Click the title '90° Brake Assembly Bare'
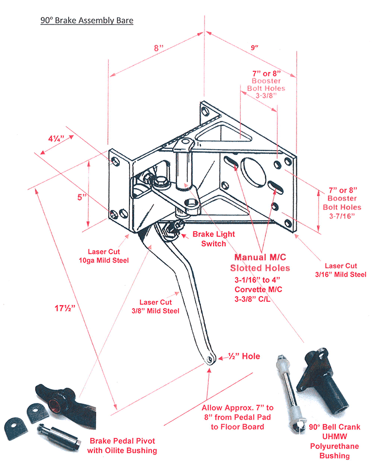(x=87, y=21)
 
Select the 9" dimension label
(x=256, y=48)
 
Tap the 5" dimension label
(x=82, y=197)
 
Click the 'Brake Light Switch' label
(x=213, y=239)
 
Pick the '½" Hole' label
(x=244, y=356)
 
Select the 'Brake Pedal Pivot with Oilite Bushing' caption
(x=123, y=446)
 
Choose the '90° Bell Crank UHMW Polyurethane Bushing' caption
(x=334, y=441)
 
